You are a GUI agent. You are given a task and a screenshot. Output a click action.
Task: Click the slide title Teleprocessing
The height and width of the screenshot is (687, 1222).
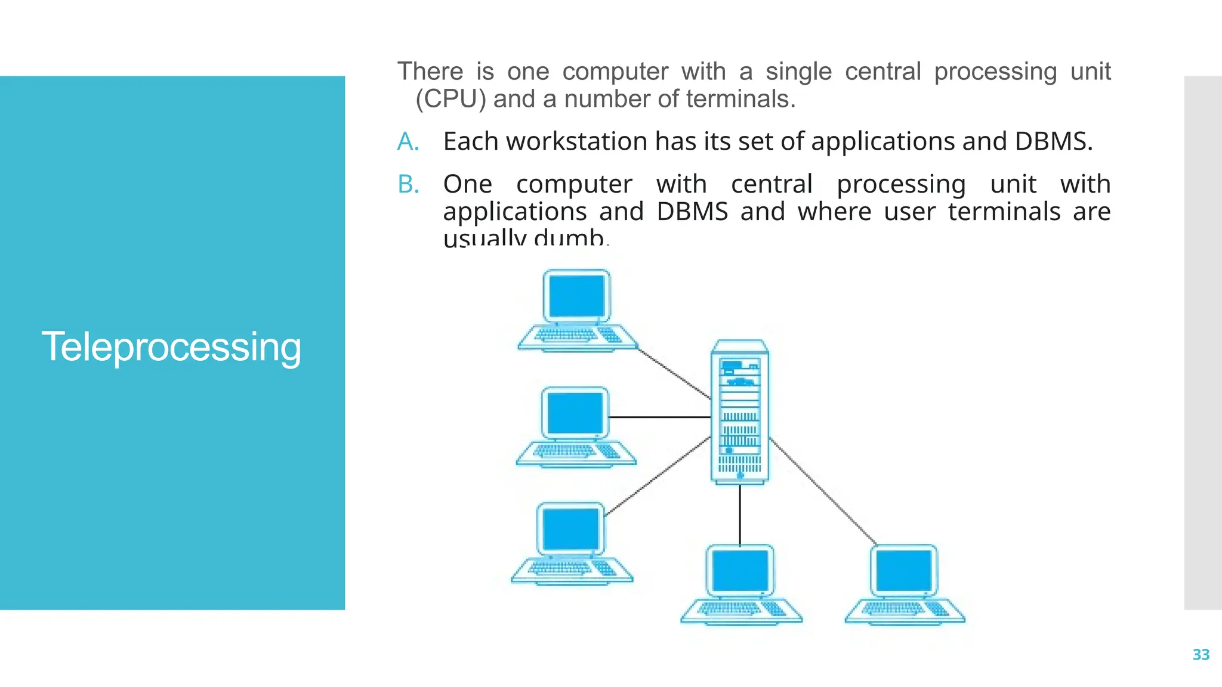tap(171, 347)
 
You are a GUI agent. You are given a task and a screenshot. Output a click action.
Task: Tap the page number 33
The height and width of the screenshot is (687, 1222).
tap(1201, 655)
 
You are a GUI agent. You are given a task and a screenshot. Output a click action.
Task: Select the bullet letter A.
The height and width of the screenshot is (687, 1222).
tap(408, 142)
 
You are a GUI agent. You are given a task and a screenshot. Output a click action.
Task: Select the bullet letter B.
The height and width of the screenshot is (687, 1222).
tap(408, 184)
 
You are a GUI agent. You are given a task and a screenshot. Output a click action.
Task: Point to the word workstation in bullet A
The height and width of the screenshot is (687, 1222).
tap(576, 142)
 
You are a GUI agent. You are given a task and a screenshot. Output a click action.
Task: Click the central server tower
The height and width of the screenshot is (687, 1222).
tap(740, 411)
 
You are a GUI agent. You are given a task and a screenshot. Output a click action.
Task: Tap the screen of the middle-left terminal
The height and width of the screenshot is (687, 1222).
tap(575, 413)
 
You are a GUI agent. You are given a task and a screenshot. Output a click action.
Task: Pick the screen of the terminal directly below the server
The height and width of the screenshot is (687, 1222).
tap(740, 571)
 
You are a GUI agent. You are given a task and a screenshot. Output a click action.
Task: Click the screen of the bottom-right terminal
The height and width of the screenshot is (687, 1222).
tap(903, 571)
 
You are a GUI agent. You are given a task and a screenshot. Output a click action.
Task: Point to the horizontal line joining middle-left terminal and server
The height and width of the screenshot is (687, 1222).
tap(659, 417)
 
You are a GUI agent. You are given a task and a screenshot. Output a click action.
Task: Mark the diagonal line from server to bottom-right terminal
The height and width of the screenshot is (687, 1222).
tap(823, 491)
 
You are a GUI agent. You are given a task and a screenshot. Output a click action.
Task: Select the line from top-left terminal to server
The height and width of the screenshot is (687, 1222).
tap(674, 374)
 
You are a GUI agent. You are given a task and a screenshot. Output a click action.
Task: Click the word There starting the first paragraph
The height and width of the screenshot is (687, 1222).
tap(430, 72)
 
